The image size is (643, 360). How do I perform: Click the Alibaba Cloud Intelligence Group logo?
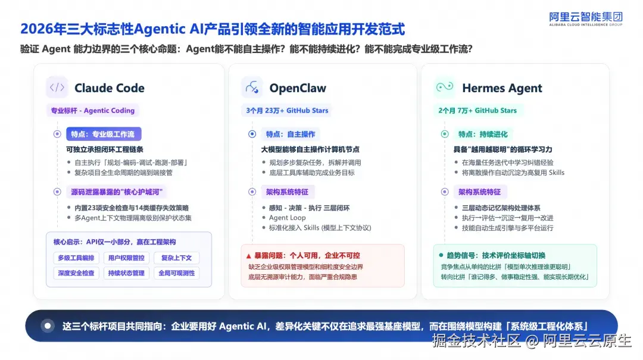(x=586, y=19)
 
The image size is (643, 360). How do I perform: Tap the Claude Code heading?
(x=109, y=87)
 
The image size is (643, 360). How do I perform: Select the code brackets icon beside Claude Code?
(x=57, y=87)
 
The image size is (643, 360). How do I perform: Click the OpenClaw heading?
(x=298, y=87)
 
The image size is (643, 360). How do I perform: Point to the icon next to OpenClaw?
(x=252, y=87)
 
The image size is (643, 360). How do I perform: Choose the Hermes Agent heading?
(x=502, y=87)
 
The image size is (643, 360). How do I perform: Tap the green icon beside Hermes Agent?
(x=445, y=87)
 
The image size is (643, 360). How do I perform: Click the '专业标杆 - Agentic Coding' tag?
(x=93, y=110)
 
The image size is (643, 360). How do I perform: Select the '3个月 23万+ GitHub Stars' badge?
(x=287, y=110)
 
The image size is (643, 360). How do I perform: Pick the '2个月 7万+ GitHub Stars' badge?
(x=477, y=110)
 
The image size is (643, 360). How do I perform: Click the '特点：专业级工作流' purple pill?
(x=104, y=134)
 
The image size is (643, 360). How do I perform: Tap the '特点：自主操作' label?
(x=291, y=134)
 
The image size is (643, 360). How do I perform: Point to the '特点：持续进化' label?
(x=483, y=134)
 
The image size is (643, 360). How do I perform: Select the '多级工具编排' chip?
(x=76, y=258)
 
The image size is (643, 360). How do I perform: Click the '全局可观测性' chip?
(x=177, y=273)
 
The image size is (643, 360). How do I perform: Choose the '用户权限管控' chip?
(x=126, y=258)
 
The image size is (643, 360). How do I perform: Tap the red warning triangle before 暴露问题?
(x=248, y=256)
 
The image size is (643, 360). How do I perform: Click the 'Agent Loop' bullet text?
(x=287, y=218)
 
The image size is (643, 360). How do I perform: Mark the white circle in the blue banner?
(x=48, y=326)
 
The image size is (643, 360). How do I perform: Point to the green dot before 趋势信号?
(x=441, y=255)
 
